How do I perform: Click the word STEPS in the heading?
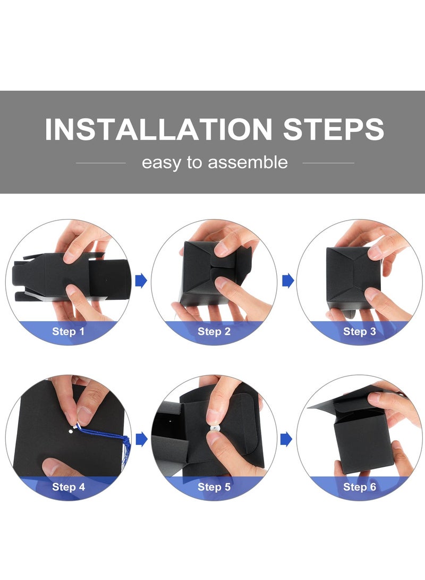(x=333, y=129)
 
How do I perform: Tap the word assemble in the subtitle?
(x=248, y=162)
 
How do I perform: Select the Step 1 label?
(x=69, y=331)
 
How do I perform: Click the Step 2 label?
(x=214, y=331)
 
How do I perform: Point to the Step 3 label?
(x=360, y=331)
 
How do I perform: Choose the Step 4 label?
(x=69, y=487)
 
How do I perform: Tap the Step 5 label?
(x=214, y=487)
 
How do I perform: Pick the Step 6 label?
(x=360, y=487)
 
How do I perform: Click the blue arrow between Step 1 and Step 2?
(x=141, y=281)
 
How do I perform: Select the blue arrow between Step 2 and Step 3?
(x=288, y=281)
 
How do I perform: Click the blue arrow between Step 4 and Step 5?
(x=141, y=440)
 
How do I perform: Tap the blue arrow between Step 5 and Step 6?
(x=286, y=440)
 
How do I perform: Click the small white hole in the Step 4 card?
(x=71, y=431)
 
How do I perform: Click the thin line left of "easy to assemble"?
(x=100, y=163)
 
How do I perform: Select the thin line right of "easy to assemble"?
(x=328, y=163)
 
